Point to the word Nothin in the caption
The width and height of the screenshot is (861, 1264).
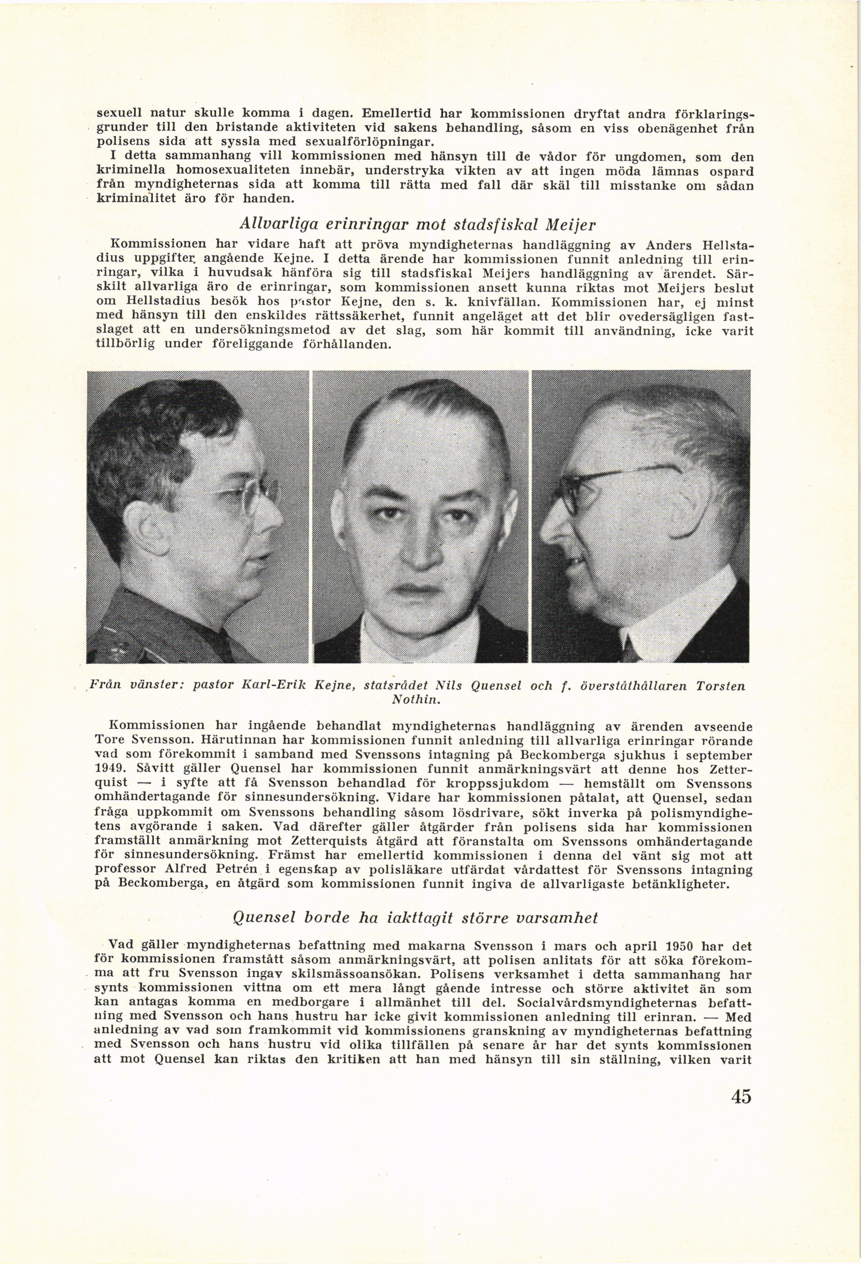point(422,699)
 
